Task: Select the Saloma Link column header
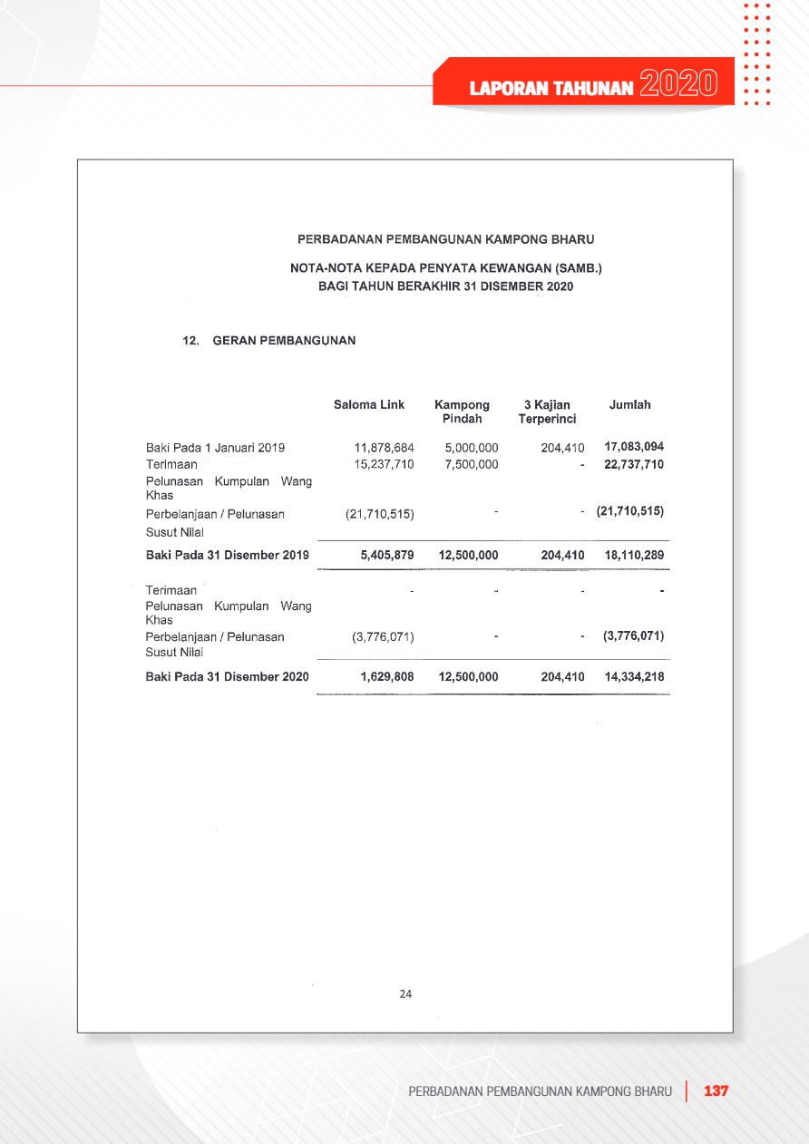tap(369, 405)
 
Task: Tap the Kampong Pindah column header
tap(462, 412)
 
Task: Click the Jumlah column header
tap(630, 405)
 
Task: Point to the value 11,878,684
tap(385, 448)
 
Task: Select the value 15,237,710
tap(385, 464)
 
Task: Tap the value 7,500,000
tap(472, 464)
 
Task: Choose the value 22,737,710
tap(634, 464)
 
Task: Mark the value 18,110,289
tap(634, 555)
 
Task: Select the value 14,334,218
tap(634, 677)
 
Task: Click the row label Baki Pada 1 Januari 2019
tap(216, 448)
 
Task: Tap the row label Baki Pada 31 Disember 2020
tap(227, 677)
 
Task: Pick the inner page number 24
tap(405, 994)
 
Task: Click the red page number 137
tap(716, 1091)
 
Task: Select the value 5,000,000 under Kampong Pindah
tap(472, 448)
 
